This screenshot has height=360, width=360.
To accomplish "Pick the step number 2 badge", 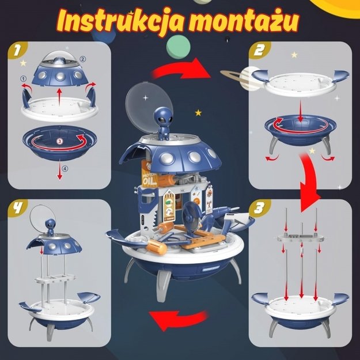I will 258,52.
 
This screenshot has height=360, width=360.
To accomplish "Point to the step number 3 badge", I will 258,206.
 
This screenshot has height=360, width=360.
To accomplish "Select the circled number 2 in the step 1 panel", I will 82,59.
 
